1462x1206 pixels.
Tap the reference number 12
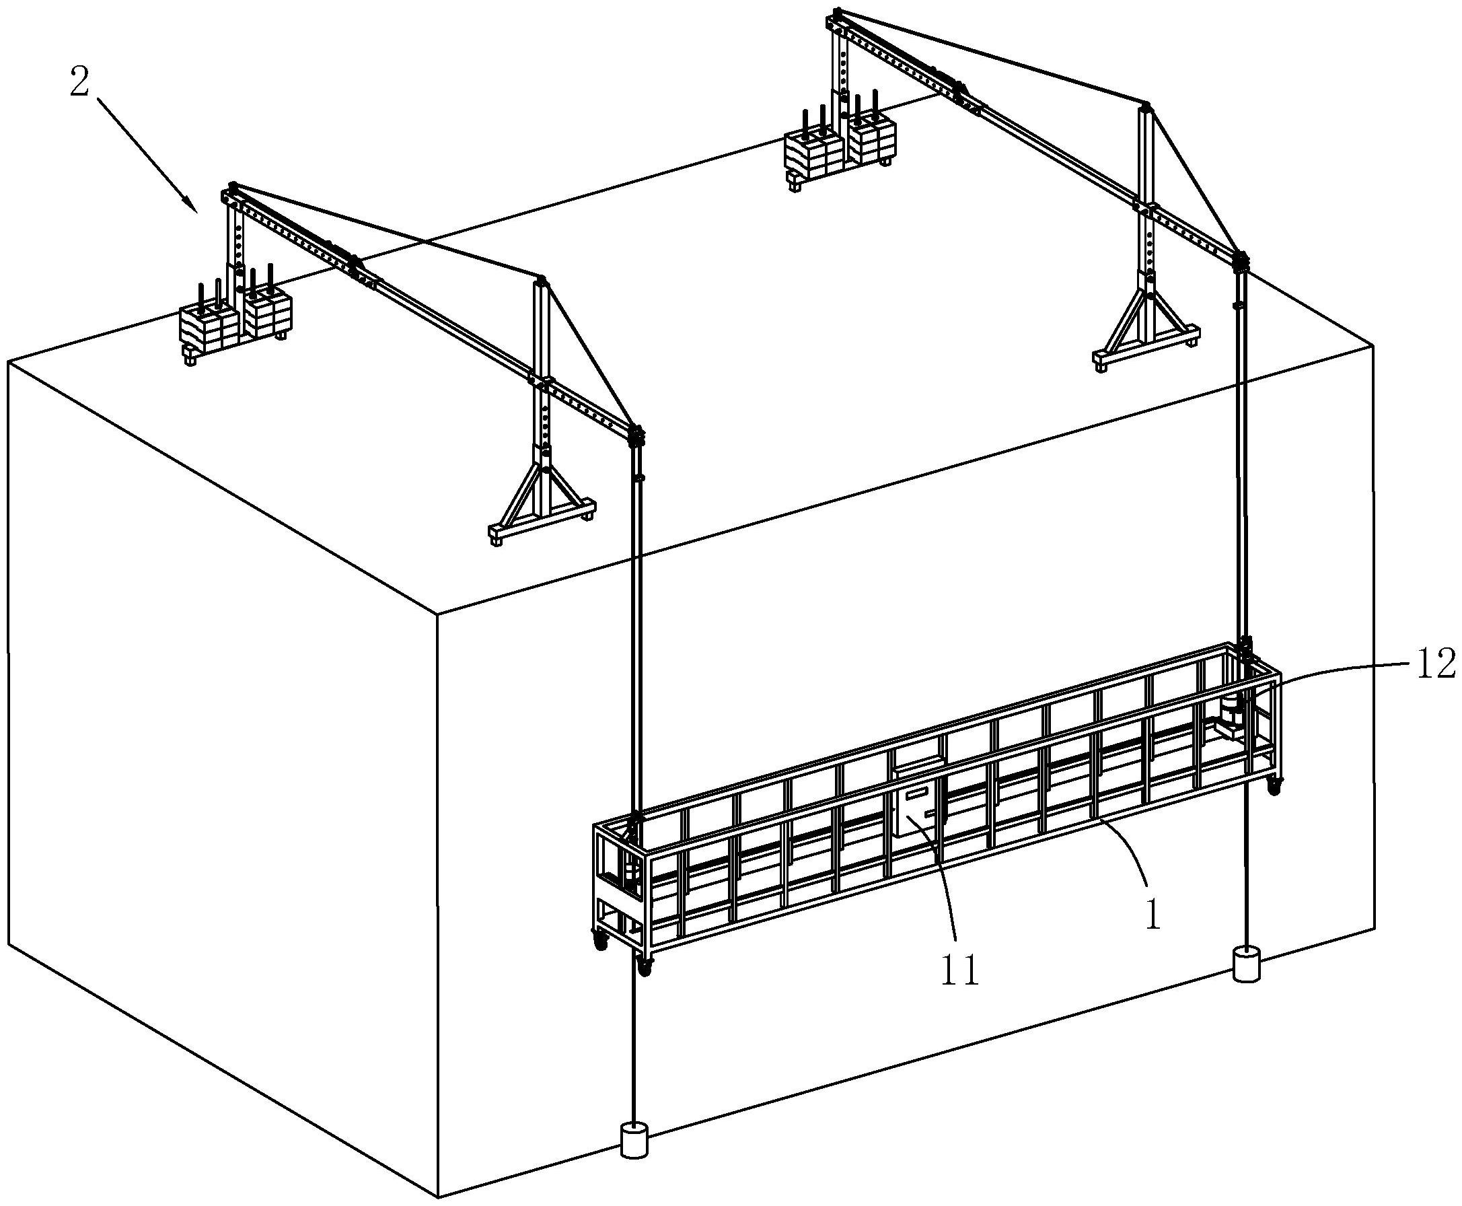(x=1432, y=665)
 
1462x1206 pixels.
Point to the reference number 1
(x=1154, y=917)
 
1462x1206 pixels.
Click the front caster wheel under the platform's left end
(x=646, y=967)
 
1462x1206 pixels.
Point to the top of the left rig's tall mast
(x=541, y=281)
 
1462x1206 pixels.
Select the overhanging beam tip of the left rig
(x=636, y=435)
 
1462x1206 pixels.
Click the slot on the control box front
(x=918, y=793)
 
